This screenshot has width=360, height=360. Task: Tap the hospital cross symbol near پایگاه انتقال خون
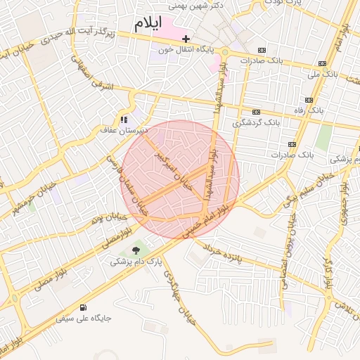coord(186,39)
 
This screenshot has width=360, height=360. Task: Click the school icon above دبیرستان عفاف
coord(124,120)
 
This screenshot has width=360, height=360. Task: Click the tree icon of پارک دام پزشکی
coord(136,250)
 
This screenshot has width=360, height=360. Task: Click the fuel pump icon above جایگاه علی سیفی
coord(84,307)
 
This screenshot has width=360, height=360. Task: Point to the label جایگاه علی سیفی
coord(84,319)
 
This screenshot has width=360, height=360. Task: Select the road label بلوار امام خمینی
coord(210,219)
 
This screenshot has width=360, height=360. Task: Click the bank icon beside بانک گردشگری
coord(256,111)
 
